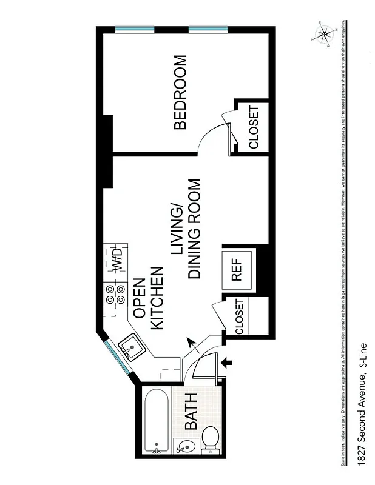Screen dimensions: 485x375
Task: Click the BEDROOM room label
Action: pos(180,92)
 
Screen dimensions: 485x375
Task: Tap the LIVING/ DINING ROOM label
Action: pos(186,229)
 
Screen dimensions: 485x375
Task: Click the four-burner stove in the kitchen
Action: pos(115,295)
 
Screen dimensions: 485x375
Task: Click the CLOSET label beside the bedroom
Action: pos(254,127)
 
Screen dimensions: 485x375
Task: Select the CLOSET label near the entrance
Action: pos(239,316)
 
